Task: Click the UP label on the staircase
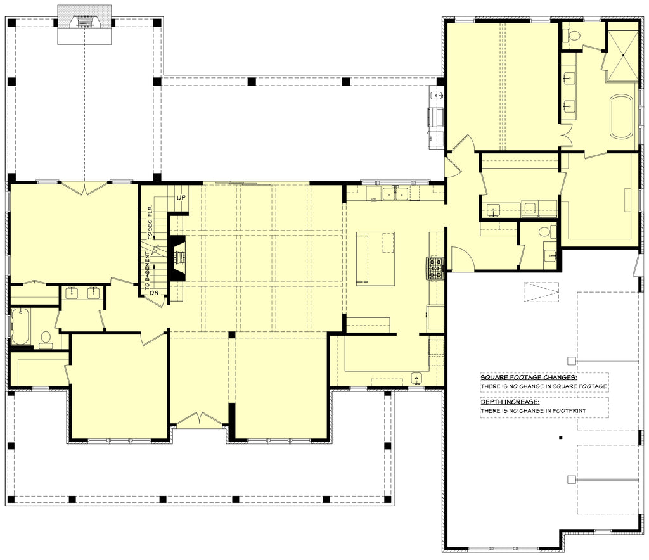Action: (181, 198)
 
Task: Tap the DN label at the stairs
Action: (155, 293)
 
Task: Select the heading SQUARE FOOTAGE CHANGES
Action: (529, 377)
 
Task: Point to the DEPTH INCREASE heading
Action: (510, 402)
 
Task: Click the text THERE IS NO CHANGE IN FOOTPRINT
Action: (533, 410)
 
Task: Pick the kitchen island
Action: (375, 258)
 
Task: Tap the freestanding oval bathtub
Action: (621, 117)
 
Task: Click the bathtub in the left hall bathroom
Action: (20, 326)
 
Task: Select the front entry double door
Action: (200, 419)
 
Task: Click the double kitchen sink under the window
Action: (395, 193)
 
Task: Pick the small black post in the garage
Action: (560, 438)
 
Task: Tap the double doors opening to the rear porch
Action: (84, 188)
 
